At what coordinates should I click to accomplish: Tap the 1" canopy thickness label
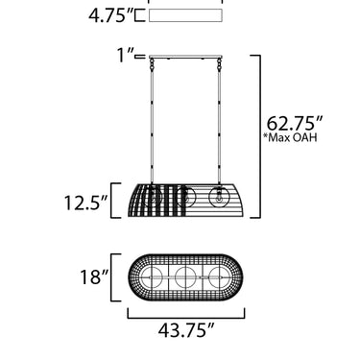pos(125,55)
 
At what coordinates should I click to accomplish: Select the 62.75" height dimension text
pos(295,123)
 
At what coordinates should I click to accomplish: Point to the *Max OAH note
pos(290,137)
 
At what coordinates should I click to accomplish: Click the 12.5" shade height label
pos(85,203)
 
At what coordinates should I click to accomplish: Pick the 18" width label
pos(94,277)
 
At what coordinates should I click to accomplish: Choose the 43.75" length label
pos(186,330)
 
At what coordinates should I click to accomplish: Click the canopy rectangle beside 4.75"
pos(185,15)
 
